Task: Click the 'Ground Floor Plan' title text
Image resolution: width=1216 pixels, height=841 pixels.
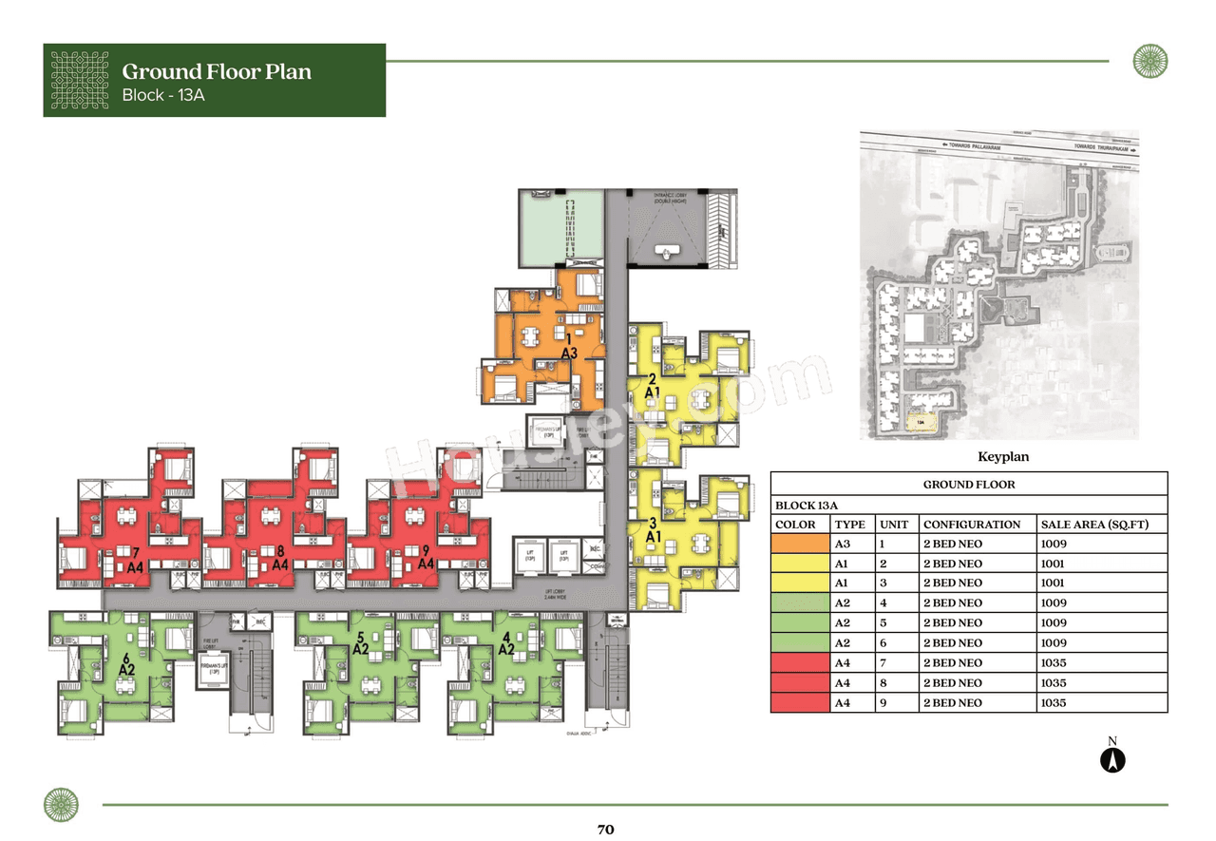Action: (217, 71)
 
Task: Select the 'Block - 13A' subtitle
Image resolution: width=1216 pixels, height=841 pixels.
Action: (162, 95)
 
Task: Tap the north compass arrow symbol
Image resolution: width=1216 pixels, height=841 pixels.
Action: (1112, 759)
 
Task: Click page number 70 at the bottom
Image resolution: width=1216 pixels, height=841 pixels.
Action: (606, 829)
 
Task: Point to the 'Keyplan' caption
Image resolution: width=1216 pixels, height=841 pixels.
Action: (1003, 457)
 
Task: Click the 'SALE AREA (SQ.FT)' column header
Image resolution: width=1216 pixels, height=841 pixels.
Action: (1095, 525)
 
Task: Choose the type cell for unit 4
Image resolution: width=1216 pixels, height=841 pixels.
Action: (842, 603)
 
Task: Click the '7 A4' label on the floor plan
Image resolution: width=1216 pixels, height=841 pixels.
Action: (136, 559)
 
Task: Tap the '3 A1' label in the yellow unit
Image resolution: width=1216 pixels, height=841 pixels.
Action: (653, 529)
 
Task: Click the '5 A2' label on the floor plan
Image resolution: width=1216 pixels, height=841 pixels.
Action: (360, 643)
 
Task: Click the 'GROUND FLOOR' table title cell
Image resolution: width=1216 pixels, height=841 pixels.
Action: (968, 485)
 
